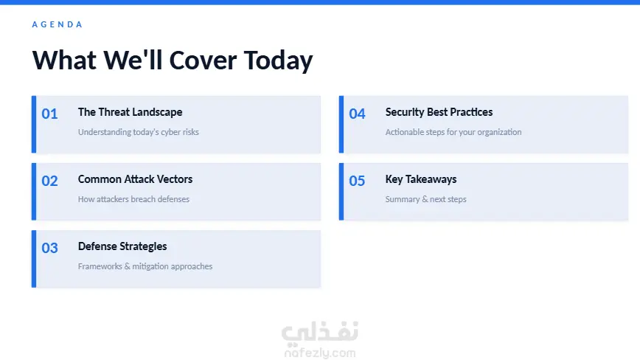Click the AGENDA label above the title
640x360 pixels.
[58, 24]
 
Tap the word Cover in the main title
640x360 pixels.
[203, 60]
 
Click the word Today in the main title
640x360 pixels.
[279, 61]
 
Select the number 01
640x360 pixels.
[49, 114]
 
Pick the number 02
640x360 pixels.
[49, 181]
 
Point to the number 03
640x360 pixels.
[49, 248]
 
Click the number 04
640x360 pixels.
[357, 114]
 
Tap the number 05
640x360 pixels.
[357, 181]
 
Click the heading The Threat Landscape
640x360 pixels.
[131, 112]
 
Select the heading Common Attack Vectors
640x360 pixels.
[135, 179]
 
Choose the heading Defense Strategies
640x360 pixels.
[122, 246]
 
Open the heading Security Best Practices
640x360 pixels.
[439, 112]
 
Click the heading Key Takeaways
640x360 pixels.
[421, 179]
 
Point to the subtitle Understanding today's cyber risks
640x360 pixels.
[139, 132]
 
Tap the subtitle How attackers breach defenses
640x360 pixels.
[133, 199]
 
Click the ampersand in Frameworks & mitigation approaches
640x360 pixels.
[127, 266]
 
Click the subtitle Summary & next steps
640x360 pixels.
[425, 199]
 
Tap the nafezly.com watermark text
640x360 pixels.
[320, 353]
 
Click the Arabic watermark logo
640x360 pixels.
[320, 332]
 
